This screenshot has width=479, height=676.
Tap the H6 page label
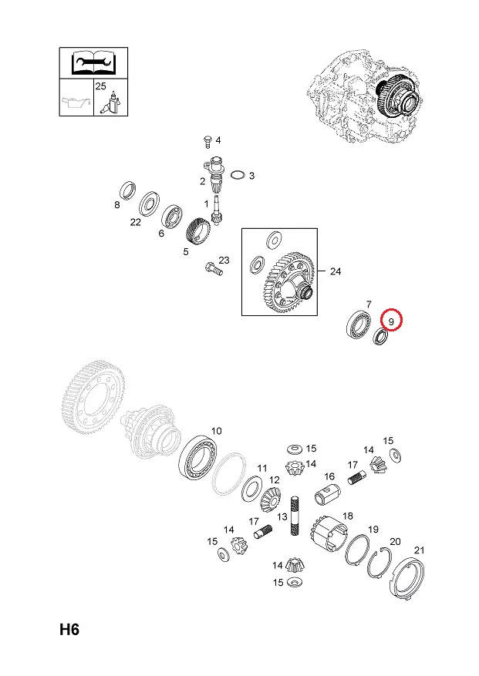[69, 630]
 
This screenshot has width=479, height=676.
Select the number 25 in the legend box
[100, 86]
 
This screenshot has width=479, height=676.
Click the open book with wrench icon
[93, 62]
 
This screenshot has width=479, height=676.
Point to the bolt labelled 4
[207, 140]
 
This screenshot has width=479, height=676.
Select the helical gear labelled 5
[198, 231]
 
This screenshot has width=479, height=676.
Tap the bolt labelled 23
[214, 268]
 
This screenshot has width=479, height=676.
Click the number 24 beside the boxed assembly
[336, 271]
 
